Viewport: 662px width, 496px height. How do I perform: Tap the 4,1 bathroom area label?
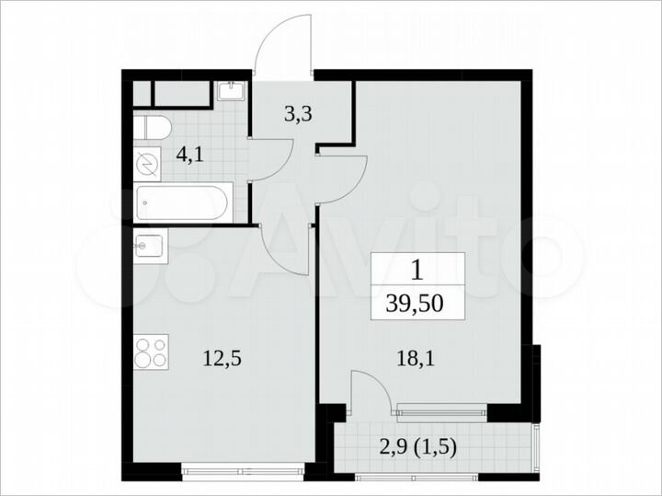[190, 154]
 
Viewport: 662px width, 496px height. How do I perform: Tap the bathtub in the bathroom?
[185, 202]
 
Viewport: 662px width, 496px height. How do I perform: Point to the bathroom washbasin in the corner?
[230, 90]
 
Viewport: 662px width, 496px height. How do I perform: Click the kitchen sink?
[151, 248]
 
